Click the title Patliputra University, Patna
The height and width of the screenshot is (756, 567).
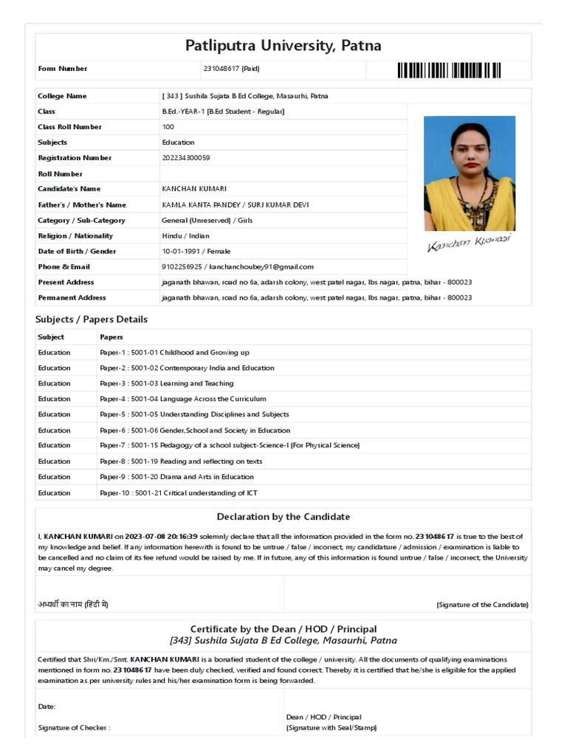pos(283,46)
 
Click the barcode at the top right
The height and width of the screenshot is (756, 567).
pos(449,70)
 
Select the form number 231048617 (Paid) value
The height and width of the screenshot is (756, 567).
pos(231,69)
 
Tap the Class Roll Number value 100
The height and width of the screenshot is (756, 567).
pos(168,127)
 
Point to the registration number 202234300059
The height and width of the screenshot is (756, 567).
pos(185,158)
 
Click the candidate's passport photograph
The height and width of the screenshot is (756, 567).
pos(470,173)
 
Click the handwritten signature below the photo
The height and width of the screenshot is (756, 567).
pos(469,244)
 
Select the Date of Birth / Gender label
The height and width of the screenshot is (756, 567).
pos(77,252)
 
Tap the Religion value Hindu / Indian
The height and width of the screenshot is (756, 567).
pos(185,236)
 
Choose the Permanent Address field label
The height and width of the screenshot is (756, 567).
pos(72,298)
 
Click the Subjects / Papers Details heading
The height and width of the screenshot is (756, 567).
pos(92,320)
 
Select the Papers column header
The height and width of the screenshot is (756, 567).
pos(111,337)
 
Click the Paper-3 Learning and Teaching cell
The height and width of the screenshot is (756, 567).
pos(166,384)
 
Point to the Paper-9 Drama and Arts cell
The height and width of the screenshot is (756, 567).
pos(176,477)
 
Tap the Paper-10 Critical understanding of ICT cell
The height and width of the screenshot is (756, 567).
pos(179,493)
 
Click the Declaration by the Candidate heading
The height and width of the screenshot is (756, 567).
pos(283,517)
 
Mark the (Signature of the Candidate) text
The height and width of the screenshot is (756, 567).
pos(482,605)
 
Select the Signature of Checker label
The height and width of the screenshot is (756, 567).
pos(74,728)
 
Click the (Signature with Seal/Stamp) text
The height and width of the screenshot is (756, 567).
pos(331,728)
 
